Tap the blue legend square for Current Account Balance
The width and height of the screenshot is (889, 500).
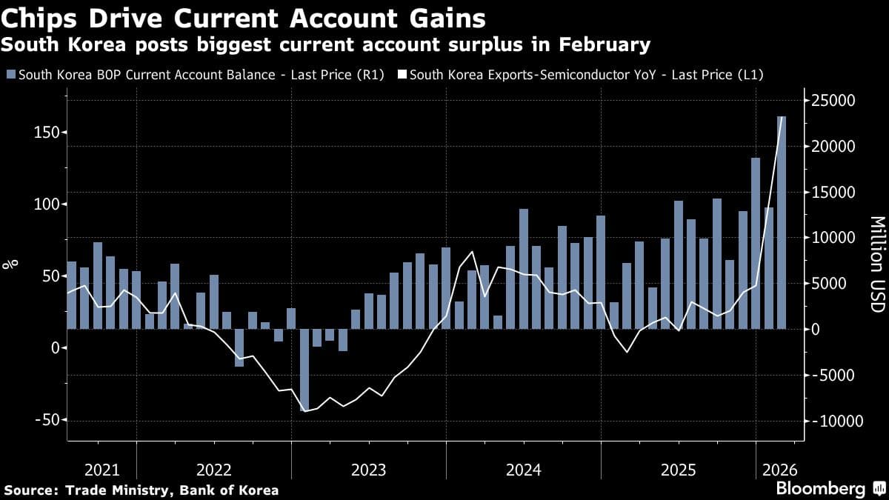pyautogui.click(x=10, y=75)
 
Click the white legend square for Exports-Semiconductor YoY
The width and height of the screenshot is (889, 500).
pyautogui.click(x=402, y=75)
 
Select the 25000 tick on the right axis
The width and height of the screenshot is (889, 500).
pyautogui.click(x=833, y=101)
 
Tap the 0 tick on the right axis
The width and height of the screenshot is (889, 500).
pyautogui.click(x=815, y=329)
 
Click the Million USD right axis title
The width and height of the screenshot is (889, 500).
pyautogui.click(x=876, y=264)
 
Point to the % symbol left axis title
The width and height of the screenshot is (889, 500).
pyautogui.click(x=11, y=264)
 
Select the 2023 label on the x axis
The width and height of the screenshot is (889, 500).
pyautogui.click(x=368, y=470)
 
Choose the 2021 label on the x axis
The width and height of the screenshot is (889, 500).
pyautogui.click(x=101, y=470)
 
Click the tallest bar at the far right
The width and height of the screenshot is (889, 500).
pyautogui.click(x=781, y=222)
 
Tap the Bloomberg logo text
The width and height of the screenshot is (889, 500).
pyautogui.click(x=820, y=489)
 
